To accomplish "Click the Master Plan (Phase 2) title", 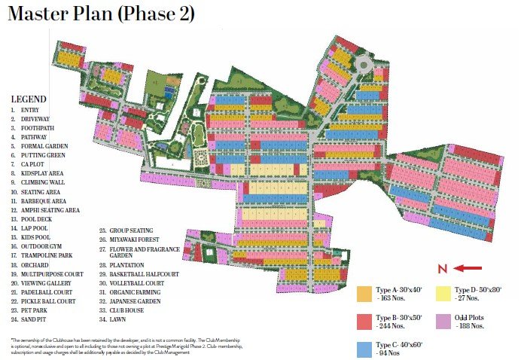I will pos(102,15).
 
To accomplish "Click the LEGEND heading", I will pos(29,99).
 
